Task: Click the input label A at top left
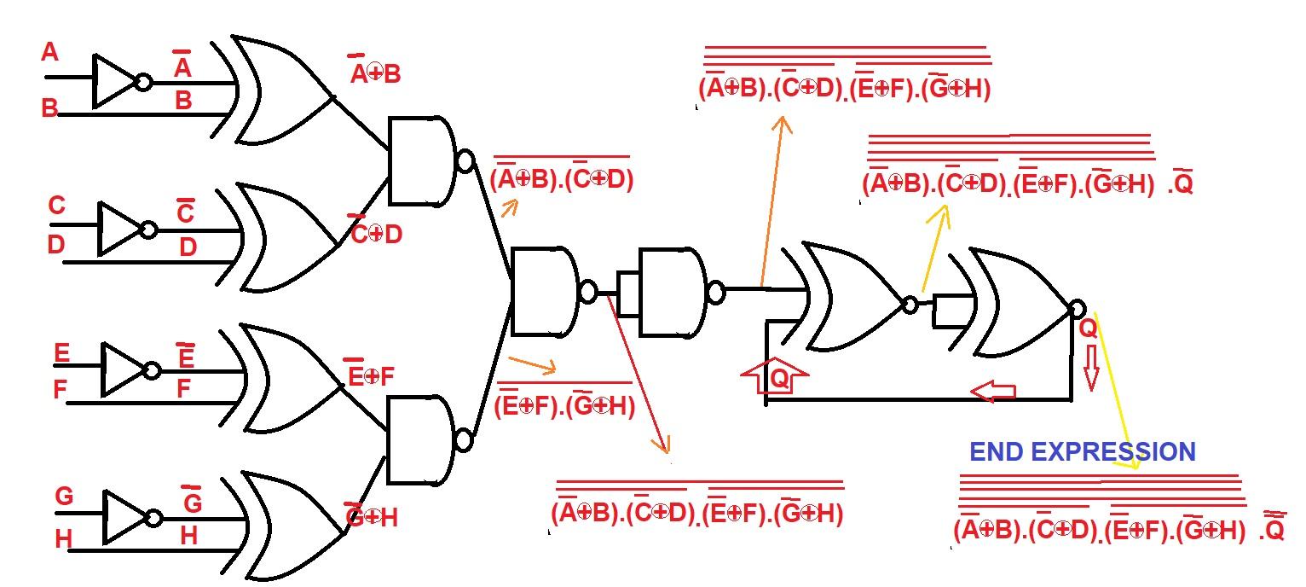pos(50,53)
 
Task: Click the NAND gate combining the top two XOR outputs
pos(422,161)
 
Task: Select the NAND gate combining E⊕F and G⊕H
pos(422,441)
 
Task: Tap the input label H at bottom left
pos(63,539)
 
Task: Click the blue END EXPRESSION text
pos(1083,451)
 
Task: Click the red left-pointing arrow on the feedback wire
pos(993,392)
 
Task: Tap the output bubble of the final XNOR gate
pos(1078,308)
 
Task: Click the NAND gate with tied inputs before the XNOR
pos(673,293)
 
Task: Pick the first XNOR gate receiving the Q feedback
pos(852,298)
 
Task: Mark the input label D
pos(55,246)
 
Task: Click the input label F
pos(60,391)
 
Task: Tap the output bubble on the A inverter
pos(145,83)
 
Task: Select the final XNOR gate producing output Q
pos(1019,303)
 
